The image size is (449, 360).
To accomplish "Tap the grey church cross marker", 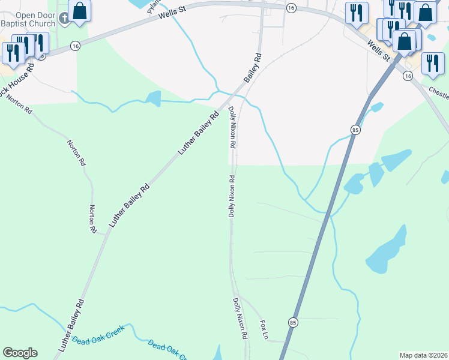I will (65, 20).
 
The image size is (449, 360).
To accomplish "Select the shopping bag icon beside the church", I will (79, 11).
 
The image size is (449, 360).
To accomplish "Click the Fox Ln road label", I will (263, 329).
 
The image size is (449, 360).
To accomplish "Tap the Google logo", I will (20, 353).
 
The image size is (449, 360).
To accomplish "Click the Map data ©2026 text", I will (423, 355).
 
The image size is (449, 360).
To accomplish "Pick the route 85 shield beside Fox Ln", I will (292, 322).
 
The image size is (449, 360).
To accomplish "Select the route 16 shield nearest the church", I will (75, 46).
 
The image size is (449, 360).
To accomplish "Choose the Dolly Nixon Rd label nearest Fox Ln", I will (240, 319).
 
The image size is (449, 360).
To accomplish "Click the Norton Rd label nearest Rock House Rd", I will (20, 104).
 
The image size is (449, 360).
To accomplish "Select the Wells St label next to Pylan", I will (173, 13).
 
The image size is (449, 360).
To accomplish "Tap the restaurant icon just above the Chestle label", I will (432, 63).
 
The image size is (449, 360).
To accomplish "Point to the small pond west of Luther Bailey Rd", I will (152, 98).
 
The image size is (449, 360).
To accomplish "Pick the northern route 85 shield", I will (356, 130).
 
